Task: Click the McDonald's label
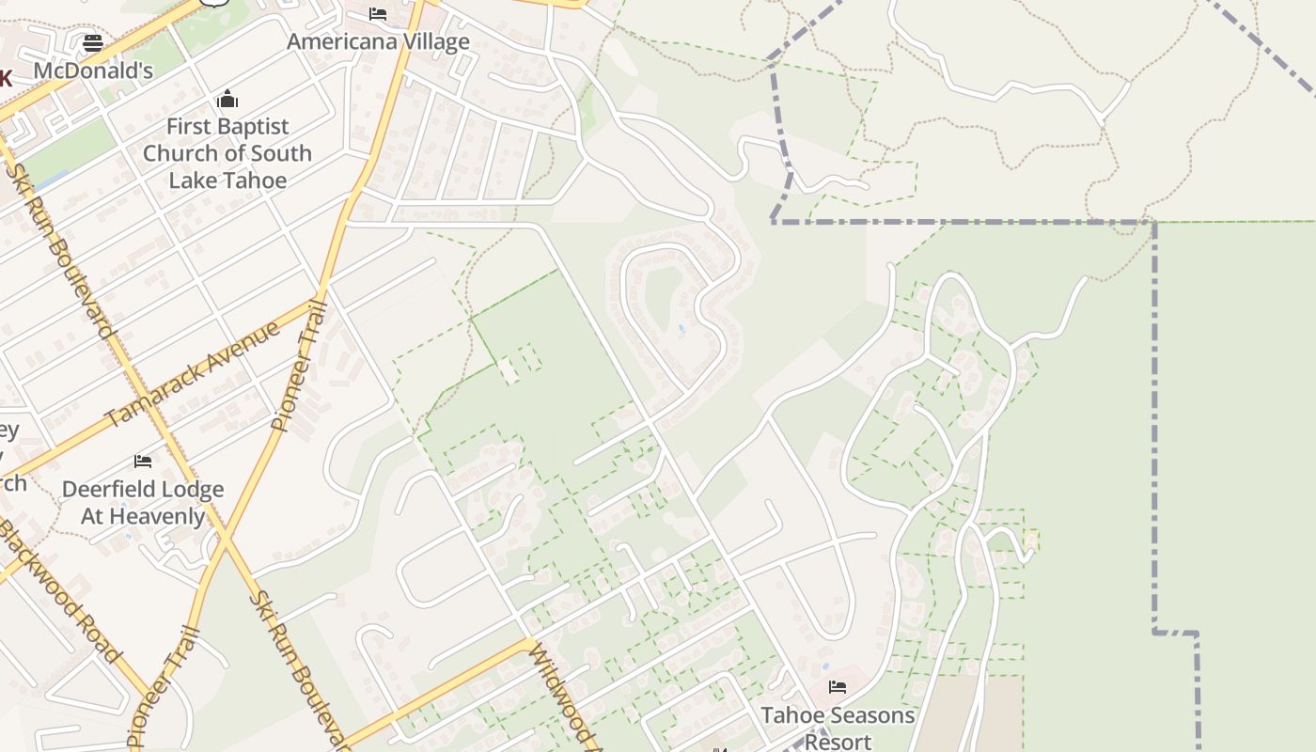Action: coord(93,71)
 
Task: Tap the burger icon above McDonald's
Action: coord(93,43)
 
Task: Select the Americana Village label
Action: coord(378,42)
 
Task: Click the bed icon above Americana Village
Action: coord(378,14)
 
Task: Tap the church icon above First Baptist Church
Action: coord(227,100)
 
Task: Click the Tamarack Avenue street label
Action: coord(192,374)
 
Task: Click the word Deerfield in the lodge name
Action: coord(116,490)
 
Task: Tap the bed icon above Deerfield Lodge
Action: coord(143,462)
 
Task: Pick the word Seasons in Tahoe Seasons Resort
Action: coord(866,715)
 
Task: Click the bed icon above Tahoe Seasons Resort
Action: coord(838,687)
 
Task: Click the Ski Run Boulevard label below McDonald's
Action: coord(60,249)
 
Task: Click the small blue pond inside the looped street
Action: coord(681,328)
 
